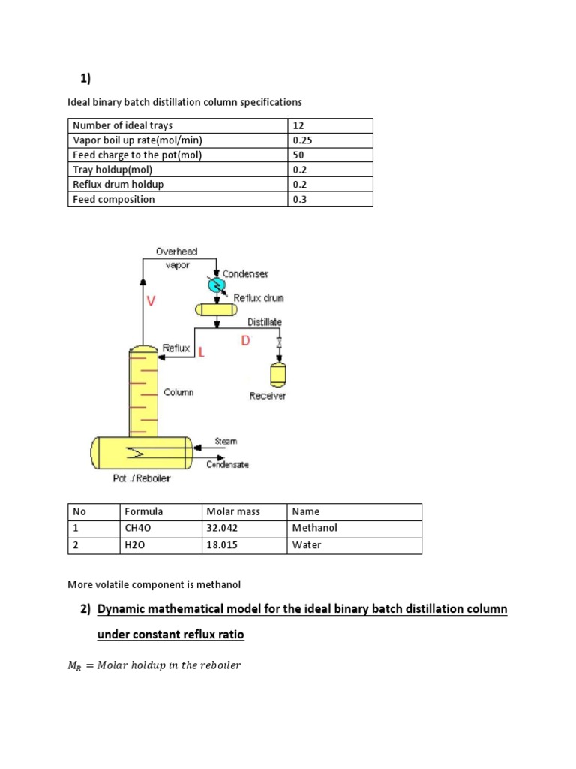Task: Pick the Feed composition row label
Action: [x=114, y=199]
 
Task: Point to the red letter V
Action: [x=151, y=300]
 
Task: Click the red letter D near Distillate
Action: [x=245, y=341]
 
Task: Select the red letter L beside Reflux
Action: [x=201, y=351]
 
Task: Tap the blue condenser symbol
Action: [x=216, y=285]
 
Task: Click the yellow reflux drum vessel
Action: [x=215, y=309]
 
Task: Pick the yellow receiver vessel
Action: [x=279, y=373]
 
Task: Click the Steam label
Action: [x=226, y=442]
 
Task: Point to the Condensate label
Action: [x=227, y=464]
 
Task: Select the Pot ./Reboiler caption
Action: [x=141, y=479]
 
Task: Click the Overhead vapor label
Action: [x=176, y=258]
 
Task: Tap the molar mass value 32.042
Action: [x=223, y=528]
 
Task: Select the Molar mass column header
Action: [x=233, y=511]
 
